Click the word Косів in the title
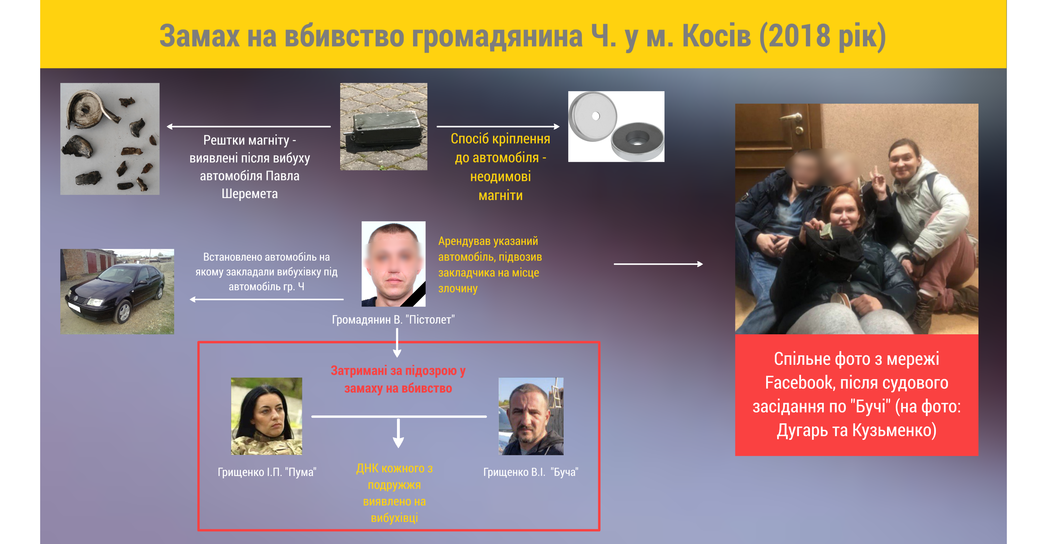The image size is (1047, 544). click(716, 36)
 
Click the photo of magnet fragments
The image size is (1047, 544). click(110, 139)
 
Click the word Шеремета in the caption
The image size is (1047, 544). click(250, 194)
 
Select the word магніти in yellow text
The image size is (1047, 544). click(500, 195)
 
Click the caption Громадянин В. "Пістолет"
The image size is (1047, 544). click(393, 320)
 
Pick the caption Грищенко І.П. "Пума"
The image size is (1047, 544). click(267, 472)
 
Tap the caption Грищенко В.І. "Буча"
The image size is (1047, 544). click(531, 472)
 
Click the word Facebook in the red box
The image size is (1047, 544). click(799, 383)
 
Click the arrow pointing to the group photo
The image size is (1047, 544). click(658, 264)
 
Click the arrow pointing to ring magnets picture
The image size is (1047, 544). click(498, 127)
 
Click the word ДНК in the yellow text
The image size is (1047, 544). click(370, 468)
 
